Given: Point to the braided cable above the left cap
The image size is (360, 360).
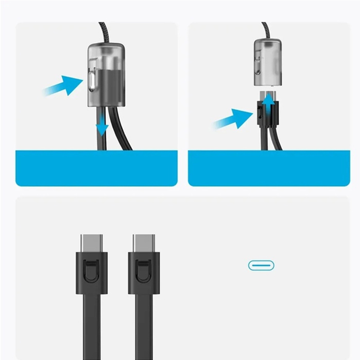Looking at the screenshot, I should (x=103, y=31).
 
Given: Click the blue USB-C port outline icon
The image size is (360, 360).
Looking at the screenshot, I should (x=261, y=265).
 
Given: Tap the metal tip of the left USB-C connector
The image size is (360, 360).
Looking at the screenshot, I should (x=91, y=243).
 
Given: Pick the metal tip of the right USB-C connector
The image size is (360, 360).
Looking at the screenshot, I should (x=144, y=243).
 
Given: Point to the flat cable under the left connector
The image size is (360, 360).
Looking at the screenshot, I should (x=91, y=324).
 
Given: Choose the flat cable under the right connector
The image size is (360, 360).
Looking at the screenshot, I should (x=144, y=324).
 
